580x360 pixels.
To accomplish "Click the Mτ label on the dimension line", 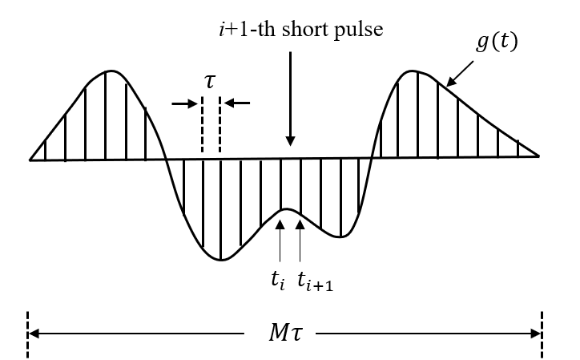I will pos(285,332).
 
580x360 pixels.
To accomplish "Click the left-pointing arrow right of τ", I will pos(238,103).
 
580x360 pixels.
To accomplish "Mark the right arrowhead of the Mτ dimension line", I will pos(537,332).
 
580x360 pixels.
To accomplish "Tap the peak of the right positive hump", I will pos(414,71).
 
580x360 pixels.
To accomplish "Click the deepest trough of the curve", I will pos(221,261).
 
